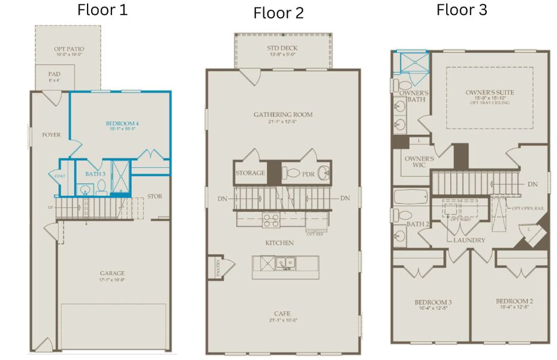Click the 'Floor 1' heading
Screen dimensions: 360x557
(x=102, y=10)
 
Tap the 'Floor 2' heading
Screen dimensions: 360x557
(x=278, y=13)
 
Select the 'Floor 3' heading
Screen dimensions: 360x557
(x=462, y=10)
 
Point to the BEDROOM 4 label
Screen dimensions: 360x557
(x=122, y=124)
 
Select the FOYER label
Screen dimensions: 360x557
(x=52, y=135)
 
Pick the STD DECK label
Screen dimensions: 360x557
(x=282, y=48)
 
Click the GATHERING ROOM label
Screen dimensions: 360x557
(x=282, y=115)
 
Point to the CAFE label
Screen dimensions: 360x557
(x=282, y=313)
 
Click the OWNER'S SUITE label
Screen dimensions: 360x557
(x=490, y=93)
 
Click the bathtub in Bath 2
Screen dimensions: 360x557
(x=411, y=196)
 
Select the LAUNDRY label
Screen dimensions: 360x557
(x=469, y=240)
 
